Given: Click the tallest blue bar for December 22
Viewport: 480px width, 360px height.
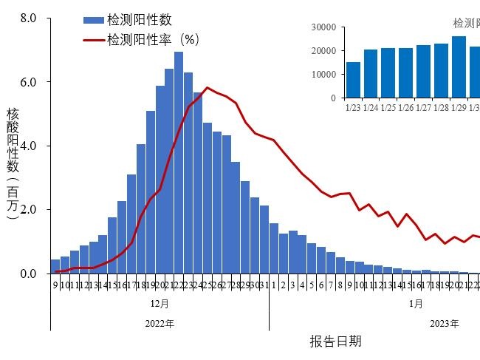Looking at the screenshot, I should pos(179,163).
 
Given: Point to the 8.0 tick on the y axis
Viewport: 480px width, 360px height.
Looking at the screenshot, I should pos(29,17).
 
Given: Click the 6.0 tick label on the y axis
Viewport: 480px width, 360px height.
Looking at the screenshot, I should pos(29,81).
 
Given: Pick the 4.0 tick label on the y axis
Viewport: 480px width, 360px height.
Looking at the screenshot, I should pos(29,146).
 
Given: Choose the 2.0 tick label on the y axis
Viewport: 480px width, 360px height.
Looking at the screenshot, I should pos(29,210).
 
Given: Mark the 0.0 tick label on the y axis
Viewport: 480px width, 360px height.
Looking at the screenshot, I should pos(29,274).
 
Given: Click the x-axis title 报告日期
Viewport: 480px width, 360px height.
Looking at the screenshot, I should pos(336,341).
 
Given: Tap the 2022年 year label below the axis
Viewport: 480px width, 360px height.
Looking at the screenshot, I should pos(160,323).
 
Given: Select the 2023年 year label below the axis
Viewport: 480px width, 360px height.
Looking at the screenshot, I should pos(445,323).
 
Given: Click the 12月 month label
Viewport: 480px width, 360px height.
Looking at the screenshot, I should pos(160,303).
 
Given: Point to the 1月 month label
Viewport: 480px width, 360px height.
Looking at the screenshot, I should pos(416,303).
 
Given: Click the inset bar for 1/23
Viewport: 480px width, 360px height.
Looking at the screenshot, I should pos(354,80).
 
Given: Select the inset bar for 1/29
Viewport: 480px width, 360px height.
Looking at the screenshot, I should pos(459,67).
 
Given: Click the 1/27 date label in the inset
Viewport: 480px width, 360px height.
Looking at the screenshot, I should pos(423,107).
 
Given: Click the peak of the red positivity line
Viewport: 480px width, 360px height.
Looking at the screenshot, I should pos(208,87).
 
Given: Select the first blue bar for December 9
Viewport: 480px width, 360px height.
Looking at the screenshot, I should pos(55,267).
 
